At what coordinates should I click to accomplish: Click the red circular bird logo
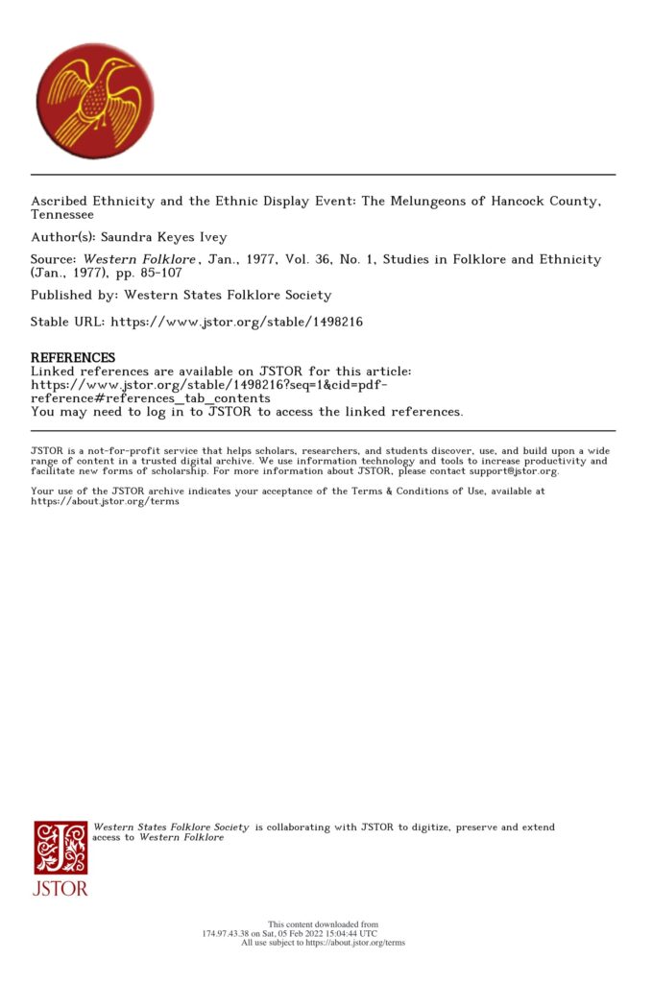coord(94,100)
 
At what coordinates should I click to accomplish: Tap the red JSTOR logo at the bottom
coord(60,857)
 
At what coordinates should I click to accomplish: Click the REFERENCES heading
coord(73,358)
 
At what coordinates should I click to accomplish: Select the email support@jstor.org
coord(508,471)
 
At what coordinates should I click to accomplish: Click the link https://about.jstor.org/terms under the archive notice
coord(105,502)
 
